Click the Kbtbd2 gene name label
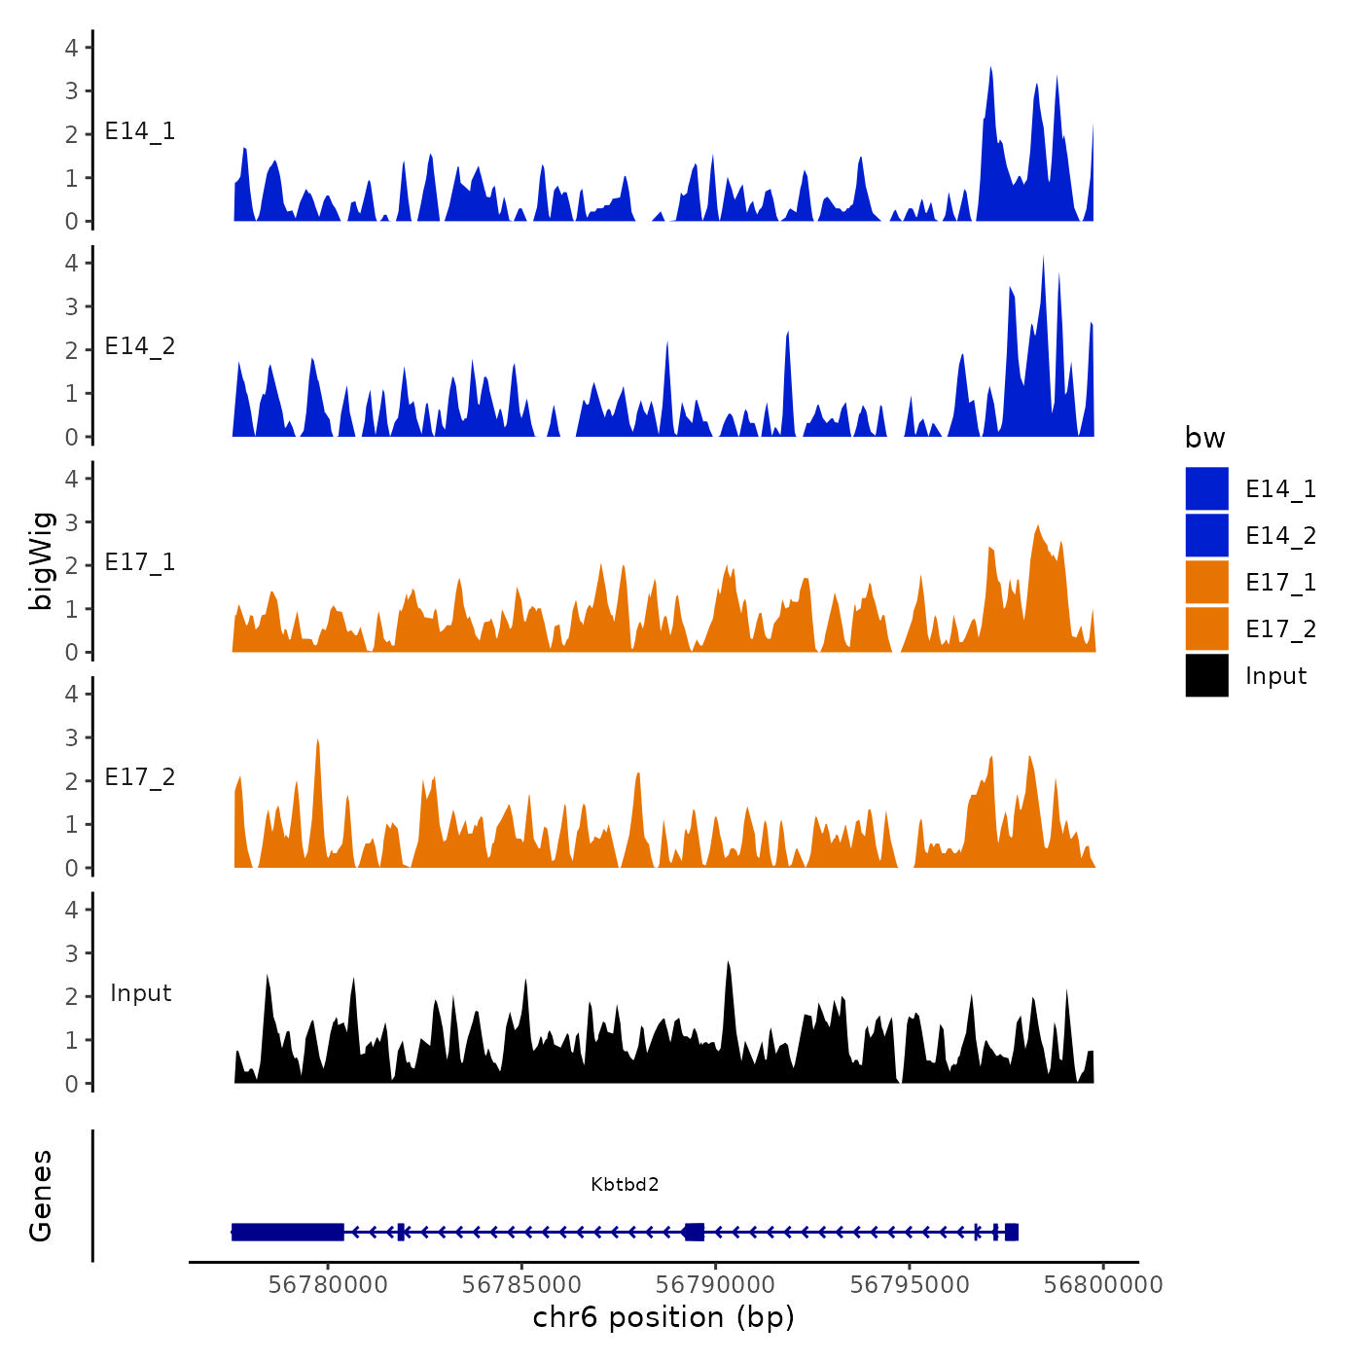(x=625, y=1184)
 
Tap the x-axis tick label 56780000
(x=328, y=1285)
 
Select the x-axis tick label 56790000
(x=716, y=1285)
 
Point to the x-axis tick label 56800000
(x=1103, y=1285)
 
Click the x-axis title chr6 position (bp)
(x=663, y=1318)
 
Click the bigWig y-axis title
(x=42, y=560)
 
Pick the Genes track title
(x=42, y=1196)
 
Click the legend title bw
(x=1204, y=439)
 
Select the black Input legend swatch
(x=1206, y=675)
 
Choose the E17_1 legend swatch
(x=1206, y=582)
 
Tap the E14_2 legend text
(x=1280, y=536)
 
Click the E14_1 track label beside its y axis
(x=140, y=131)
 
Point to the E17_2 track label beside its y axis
(x=140, y=777)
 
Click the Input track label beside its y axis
(x=140, y=993)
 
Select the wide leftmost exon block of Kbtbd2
(x=288, y=1232)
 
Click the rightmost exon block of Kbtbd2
(x=1012, y=1232)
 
